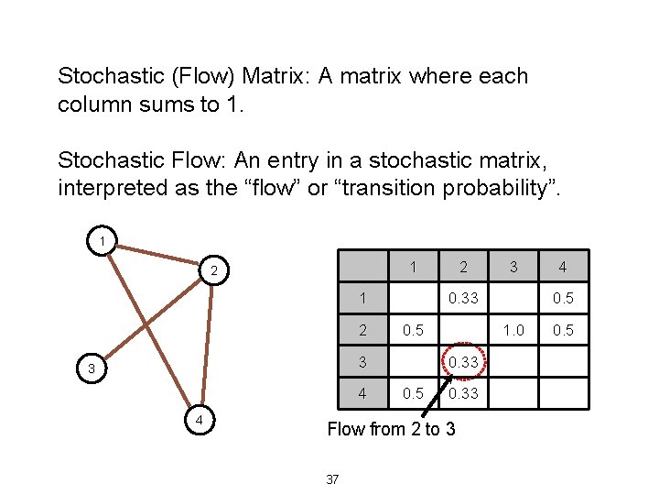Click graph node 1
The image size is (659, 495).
point(103,242)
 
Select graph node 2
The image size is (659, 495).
point(212,271)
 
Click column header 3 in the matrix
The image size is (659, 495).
point(513,267)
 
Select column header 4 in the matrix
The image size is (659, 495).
point(564,268)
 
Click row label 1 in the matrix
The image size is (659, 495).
point(363,298)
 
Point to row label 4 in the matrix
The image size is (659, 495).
point(363,393)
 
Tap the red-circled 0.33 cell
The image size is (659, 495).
point(464,362)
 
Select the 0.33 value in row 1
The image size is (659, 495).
point(464,298)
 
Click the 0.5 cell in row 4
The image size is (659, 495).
point(414,393)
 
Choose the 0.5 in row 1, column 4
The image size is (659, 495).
point(564,298)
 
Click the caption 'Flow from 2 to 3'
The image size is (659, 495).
point(391,429)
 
